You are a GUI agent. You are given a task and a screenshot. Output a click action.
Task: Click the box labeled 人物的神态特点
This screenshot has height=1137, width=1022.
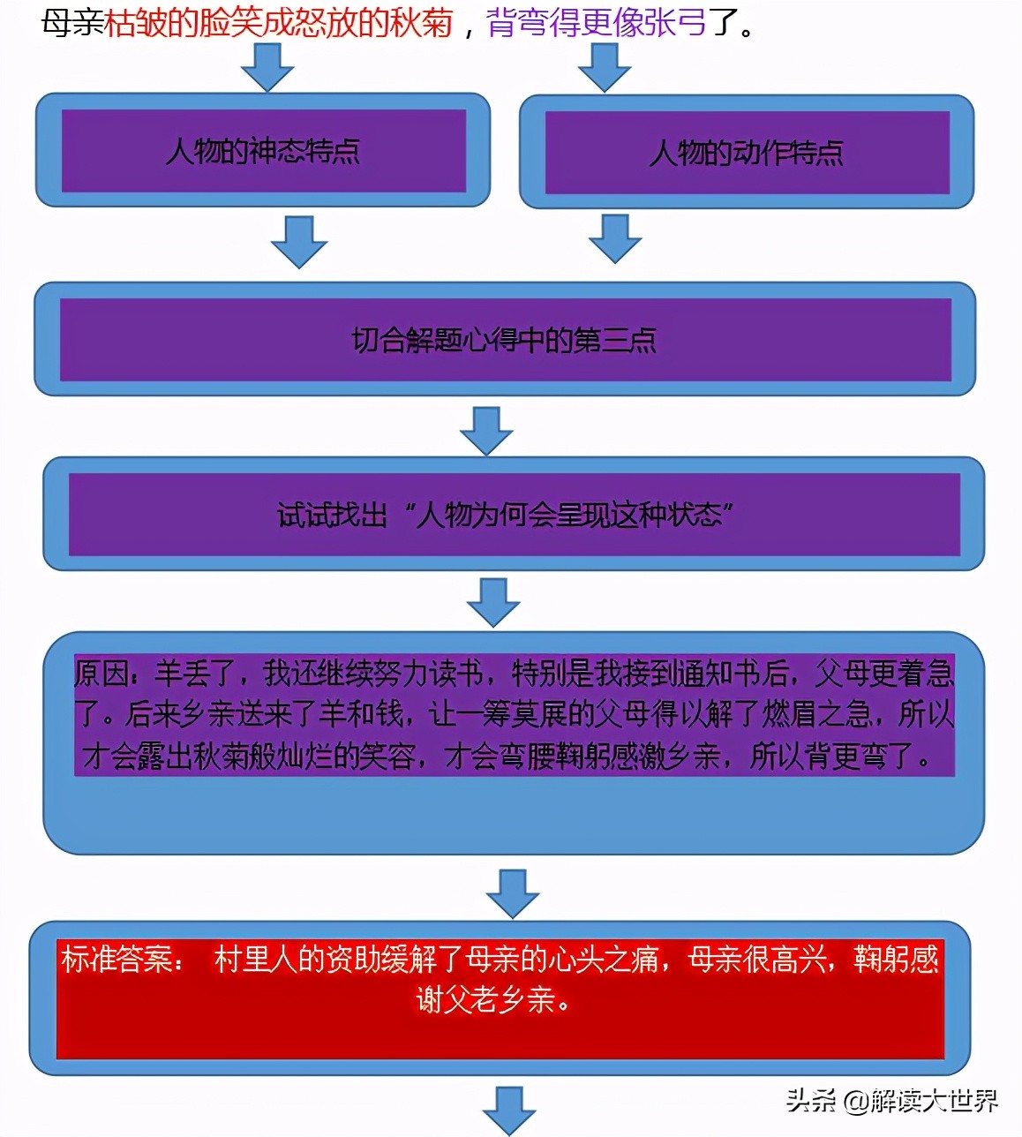263,151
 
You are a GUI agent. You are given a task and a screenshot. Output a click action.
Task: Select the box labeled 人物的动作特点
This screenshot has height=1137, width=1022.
747,153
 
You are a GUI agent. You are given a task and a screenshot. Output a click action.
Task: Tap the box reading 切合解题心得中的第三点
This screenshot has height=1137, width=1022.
505,340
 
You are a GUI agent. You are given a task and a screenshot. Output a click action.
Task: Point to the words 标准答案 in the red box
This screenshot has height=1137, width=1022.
116,960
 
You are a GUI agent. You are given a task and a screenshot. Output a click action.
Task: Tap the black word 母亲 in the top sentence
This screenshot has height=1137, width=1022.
72,23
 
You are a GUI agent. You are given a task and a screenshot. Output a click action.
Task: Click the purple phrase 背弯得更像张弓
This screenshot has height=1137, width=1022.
597,23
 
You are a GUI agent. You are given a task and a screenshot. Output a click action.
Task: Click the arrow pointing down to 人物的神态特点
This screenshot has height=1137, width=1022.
267,66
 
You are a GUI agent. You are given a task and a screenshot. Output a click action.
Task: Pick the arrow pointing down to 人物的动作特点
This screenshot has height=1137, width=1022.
604,66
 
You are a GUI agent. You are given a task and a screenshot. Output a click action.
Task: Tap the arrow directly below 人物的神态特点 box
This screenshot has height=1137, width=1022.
299,240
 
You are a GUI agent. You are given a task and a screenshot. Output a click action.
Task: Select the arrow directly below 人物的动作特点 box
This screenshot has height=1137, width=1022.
615,238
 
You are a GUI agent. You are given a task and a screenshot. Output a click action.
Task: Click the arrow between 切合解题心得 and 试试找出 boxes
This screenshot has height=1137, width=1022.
486,430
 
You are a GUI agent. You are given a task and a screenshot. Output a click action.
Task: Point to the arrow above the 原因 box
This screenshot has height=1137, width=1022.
492,602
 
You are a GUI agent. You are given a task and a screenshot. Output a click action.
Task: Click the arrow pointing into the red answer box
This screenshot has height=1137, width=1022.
513,892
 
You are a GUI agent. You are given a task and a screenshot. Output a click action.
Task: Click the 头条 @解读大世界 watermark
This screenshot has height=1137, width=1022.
891,1101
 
